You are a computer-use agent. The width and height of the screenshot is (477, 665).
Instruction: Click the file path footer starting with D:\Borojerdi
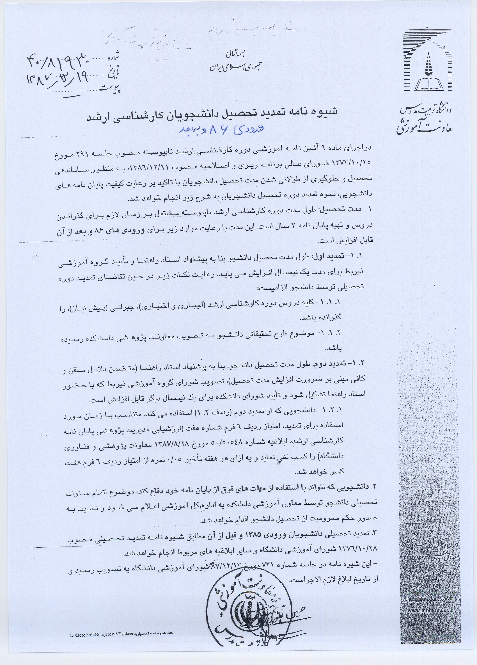pyautogui.click(x=121, y=647)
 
